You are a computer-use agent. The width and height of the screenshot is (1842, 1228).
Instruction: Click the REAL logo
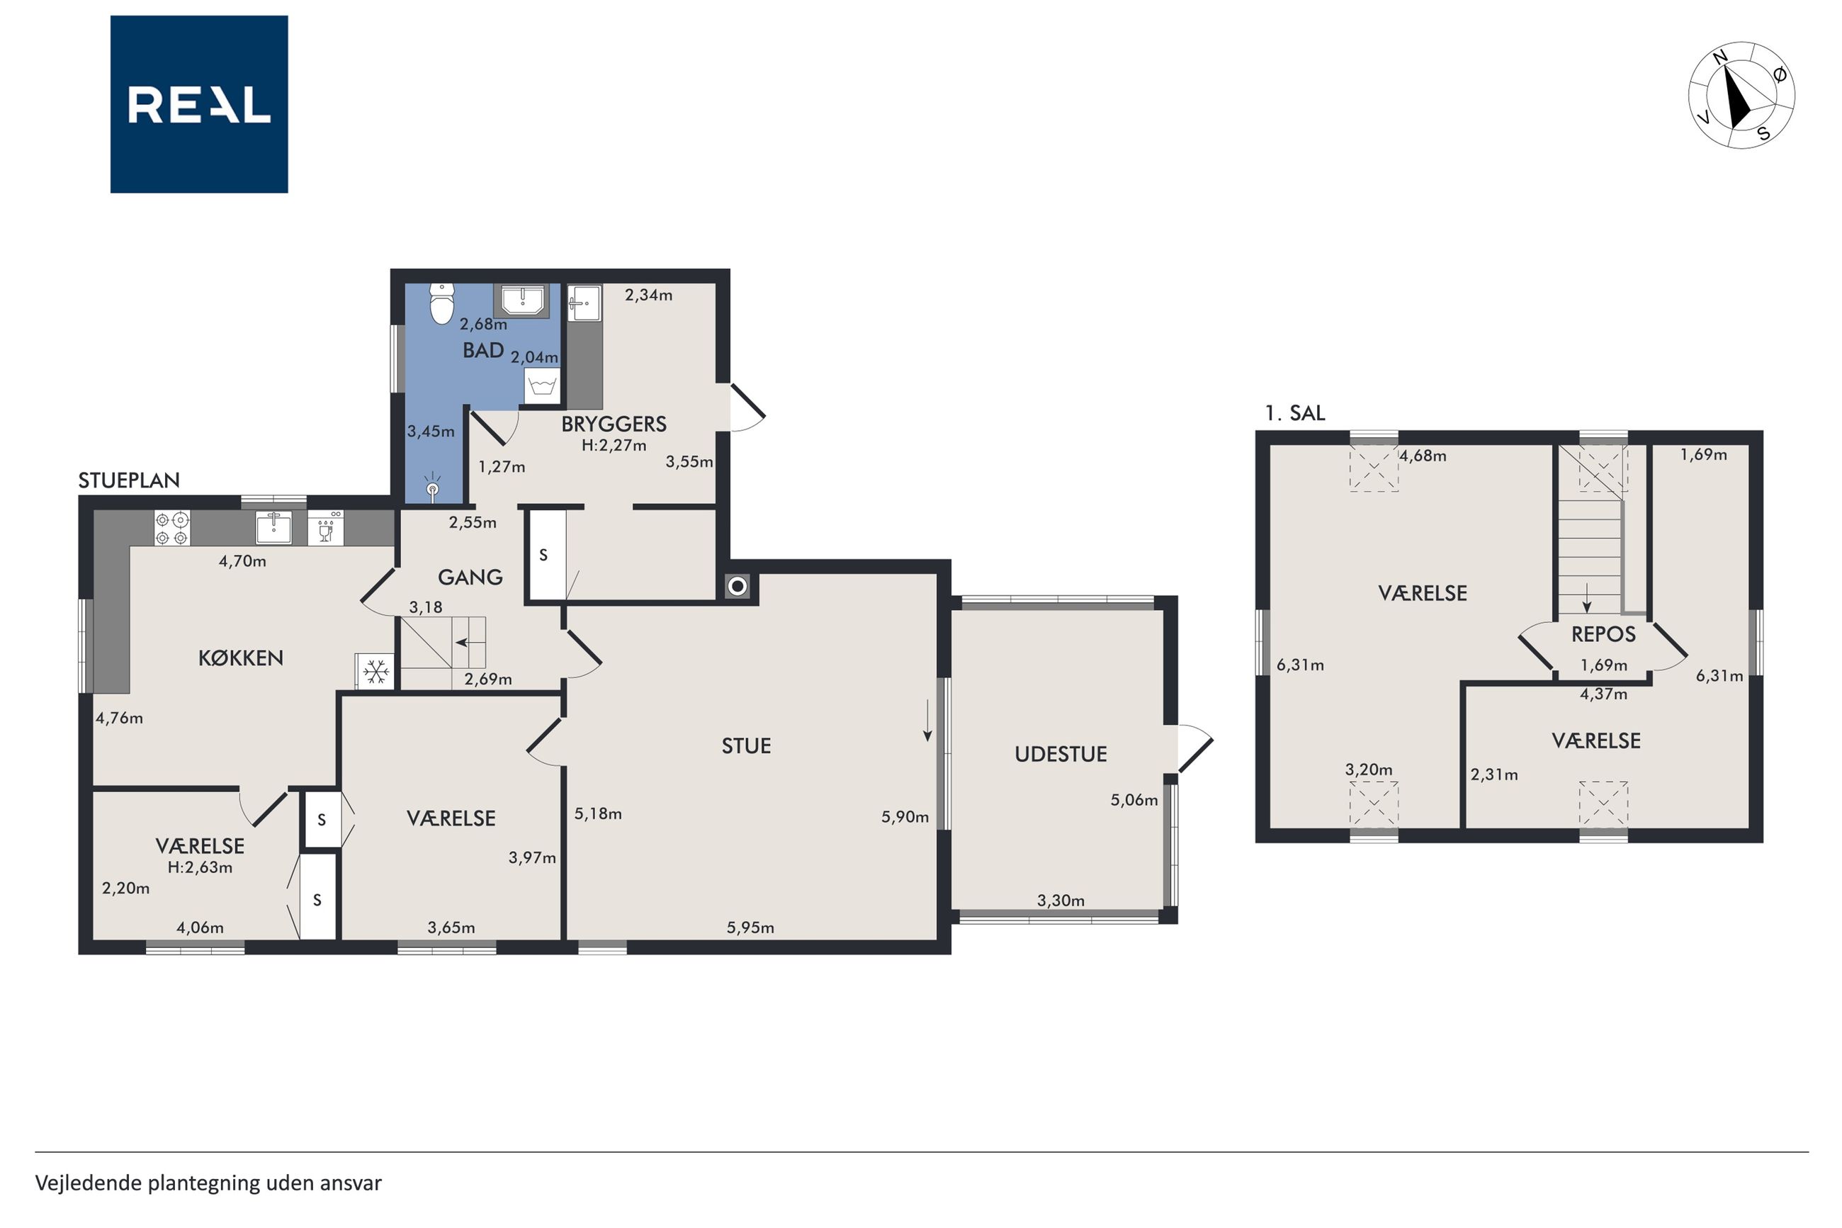(x=199, y=104)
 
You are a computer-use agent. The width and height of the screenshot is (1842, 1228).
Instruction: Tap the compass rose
(x=1741, y=95)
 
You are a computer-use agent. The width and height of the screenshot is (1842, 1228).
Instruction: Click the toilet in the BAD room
(x=442, y=304)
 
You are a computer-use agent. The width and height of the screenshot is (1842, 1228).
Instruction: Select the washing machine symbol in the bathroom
(x=543, y=386)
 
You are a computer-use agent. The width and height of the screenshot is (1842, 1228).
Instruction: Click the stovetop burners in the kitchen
(x=172, y=528)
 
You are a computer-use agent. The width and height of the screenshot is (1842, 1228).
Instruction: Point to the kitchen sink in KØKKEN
(x=274, y=527)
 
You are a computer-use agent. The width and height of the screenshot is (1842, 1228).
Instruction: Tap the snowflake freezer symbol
(x=375, y=671)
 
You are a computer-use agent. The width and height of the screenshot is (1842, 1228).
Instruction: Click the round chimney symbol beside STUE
(x=738, y=585)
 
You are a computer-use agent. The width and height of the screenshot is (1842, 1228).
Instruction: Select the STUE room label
(x=746, y=745)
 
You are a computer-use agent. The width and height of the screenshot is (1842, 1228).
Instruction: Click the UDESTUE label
(x=1061, y=754)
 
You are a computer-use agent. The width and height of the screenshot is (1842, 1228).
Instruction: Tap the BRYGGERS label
(x=614, y=424)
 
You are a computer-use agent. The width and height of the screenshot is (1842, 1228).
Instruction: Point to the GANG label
(x=470, y=578)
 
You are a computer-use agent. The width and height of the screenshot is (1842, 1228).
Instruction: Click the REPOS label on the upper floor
(x=1603, y=634)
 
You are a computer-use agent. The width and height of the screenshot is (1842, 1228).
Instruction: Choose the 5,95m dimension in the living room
(x=750, y=928)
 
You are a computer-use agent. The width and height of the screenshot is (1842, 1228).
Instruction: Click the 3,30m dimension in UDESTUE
(x=1061, y=901)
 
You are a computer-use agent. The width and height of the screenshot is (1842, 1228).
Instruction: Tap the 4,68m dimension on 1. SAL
(x=1423, y=456)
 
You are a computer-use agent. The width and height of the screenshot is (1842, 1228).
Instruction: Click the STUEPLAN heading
(x=129, y=481)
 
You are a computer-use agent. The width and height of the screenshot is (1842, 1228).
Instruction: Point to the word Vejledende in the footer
(x=89, y=1183)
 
